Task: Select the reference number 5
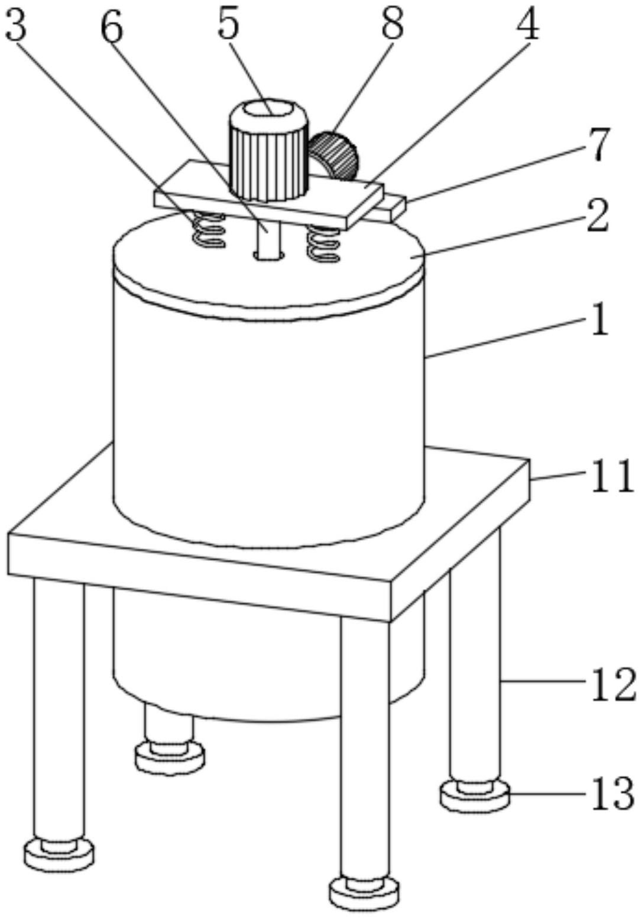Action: coord(228,24)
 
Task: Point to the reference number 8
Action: coord(392,24)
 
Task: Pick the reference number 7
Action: coord(598,144)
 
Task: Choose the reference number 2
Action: coord(598,216)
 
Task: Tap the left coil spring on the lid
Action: coord(207,230)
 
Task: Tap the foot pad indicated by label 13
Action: coord(475,795)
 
